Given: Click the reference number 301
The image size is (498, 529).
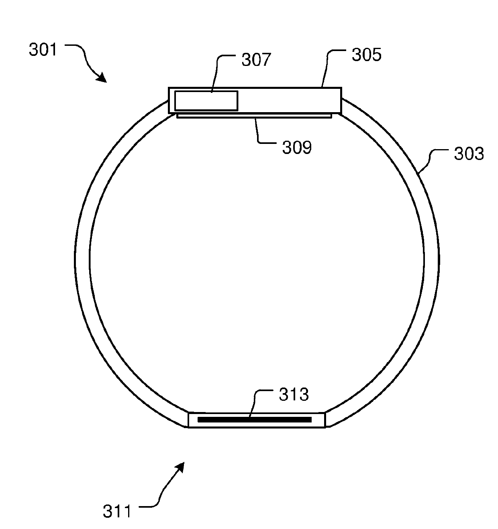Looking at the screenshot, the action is (43, 50).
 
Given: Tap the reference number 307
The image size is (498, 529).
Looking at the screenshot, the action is (256, 59).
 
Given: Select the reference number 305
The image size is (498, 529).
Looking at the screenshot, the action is (367, 55).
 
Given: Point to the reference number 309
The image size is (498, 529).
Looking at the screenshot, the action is (297, 148).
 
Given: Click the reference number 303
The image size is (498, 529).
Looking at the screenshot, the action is (469, 154).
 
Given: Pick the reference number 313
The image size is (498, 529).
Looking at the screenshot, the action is (294, 394).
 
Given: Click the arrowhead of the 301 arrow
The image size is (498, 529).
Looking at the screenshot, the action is (102, 78).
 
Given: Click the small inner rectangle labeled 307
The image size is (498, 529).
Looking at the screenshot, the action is (206, 100).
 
